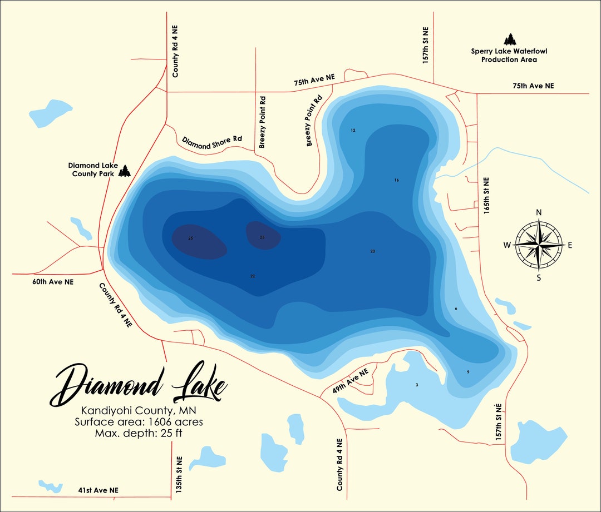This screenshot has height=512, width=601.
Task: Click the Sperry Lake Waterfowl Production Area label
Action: pyautogui.click(x=508, y=55)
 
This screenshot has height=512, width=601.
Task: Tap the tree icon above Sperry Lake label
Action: pyautogui.click(x=509, y=39)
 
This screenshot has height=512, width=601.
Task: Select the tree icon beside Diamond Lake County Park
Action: pyautogui.click(x=124, y=171)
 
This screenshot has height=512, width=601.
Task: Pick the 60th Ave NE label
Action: pyautogui.click(x=53, y=282)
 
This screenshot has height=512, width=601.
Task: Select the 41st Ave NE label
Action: pyautogui.click(x=98, y=490)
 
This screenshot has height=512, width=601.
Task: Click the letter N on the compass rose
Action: pyautogui.click(x=538, y=212)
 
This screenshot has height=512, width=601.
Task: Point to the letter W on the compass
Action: pyautogui.click(x=507, y=245)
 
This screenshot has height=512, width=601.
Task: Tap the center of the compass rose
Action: pyautogui.click(x=538, y=245)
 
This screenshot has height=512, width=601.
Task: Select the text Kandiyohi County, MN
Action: pyautogui.click(x=139, y=411)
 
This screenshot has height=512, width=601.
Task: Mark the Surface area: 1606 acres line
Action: pyautogui.click(x=139, y=422)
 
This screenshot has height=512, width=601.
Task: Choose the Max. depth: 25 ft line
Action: pyautogui.click(x=139, y=433)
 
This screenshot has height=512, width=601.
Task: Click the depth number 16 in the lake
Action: pyautogui.click(x=396, y=180)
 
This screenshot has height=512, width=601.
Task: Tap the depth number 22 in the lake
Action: pyautogui.click(x=253, y=276)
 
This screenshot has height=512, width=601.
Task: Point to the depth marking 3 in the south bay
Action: pyautogui.click(x=416, y=385)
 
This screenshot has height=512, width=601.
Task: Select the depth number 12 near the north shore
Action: pyautogui.click(x=353, y=131)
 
